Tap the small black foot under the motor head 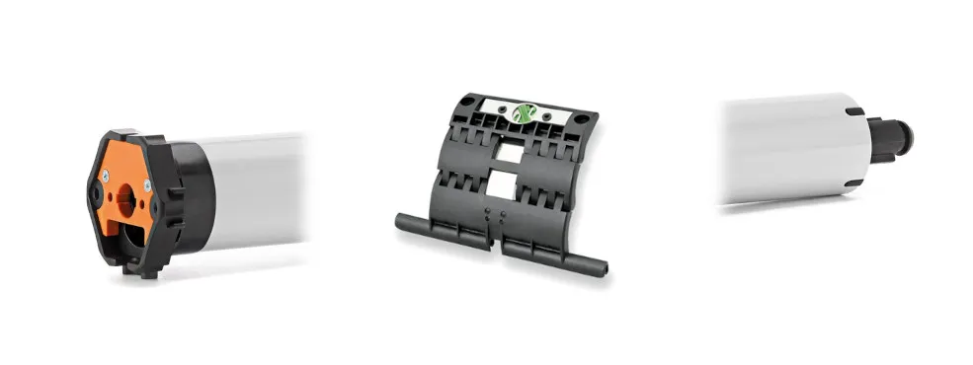point(145,270)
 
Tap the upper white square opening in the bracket point(510,150)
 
